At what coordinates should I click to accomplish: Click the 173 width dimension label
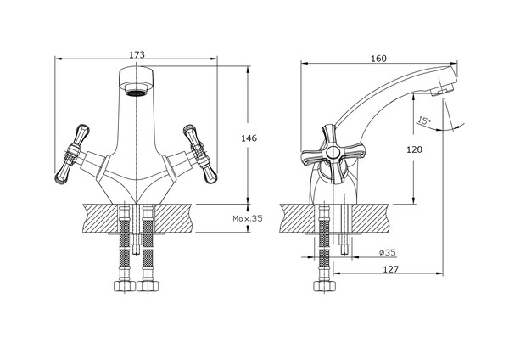(137, 54)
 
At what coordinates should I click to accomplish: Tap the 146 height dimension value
(249, 138)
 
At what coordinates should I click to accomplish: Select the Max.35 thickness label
(248, 218)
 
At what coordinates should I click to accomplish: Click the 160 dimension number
(378, 59)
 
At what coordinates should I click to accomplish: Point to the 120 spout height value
(415, 149)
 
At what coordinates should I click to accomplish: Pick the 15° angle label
(424, 121)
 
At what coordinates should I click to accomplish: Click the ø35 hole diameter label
(388, 252)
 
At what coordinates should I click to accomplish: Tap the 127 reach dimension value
(390, 269)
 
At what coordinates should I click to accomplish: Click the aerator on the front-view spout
(137, 93)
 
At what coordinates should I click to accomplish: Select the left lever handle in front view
(72, 154)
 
